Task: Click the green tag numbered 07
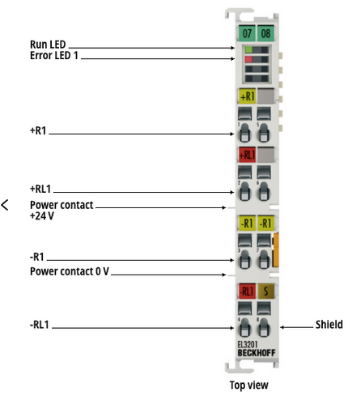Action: point(247,33)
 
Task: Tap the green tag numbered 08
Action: point(266,33)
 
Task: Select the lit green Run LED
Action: point(249,50)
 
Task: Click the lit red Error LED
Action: point(249,60)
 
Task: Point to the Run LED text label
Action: point(48,44)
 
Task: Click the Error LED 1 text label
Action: point(54,55)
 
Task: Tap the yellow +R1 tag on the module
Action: point(247,96)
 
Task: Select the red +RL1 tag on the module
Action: point(247,155)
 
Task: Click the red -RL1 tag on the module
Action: point(247,291)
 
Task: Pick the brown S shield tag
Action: point(266,291)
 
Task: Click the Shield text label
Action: point(329,324)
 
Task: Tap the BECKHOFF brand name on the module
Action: point(257,353)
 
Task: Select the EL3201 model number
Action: point(247,345)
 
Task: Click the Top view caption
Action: point(249,385)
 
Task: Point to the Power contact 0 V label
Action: point(70,271)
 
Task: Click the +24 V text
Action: point(42,216)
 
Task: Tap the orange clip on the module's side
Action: point(276,250)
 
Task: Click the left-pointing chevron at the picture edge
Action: point(5,205)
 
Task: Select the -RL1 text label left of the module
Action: point(39,324)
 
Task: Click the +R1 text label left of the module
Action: point(38,130)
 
